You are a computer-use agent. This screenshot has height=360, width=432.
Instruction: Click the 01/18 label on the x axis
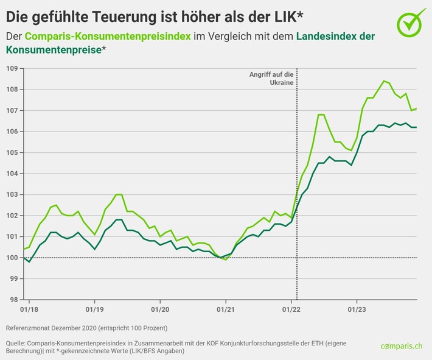29,309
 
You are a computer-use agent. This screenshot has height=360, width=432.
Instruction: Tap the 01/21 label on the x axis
226,309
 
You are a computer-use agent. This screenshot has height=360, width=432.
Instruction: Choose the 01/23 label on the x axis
357,309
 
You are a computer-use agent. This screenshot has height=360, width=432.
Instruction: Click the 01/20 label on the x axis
159,309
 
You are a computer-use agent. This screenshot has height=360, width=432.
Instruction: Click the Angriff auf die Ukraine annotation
271,77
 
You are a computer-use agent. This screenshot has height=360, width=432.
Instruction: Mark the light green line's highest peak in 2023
384,81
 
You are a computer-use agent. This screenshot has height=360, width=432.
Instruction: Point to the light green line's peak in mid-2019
119,194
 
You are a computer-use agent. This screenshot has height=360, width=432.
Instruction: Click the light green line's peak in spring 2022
321,115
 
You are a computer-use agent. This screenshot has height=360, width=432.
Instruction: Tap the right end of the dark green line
416,127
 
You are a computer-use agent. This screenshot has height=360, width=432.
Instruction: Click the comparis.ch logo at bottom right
402,346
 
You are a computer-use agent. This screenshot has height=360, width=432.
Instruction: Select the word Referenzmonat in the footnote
27,328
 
